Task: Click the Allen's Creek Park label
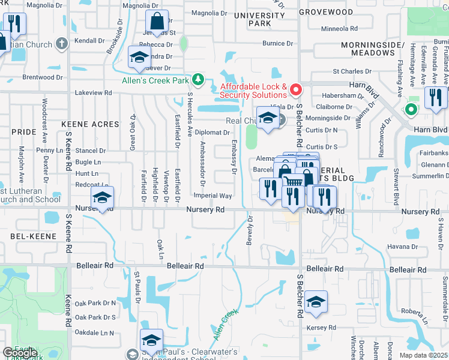155,80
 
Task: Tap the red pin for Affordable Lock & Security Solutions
295,90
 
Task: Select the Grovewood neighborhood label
327,11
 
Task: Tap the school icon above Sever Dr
139,58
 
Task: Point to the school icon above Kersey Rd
316,302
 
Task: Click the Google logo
20,353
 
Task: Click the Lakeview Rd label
94,93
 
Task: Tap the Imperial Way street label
212,196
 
